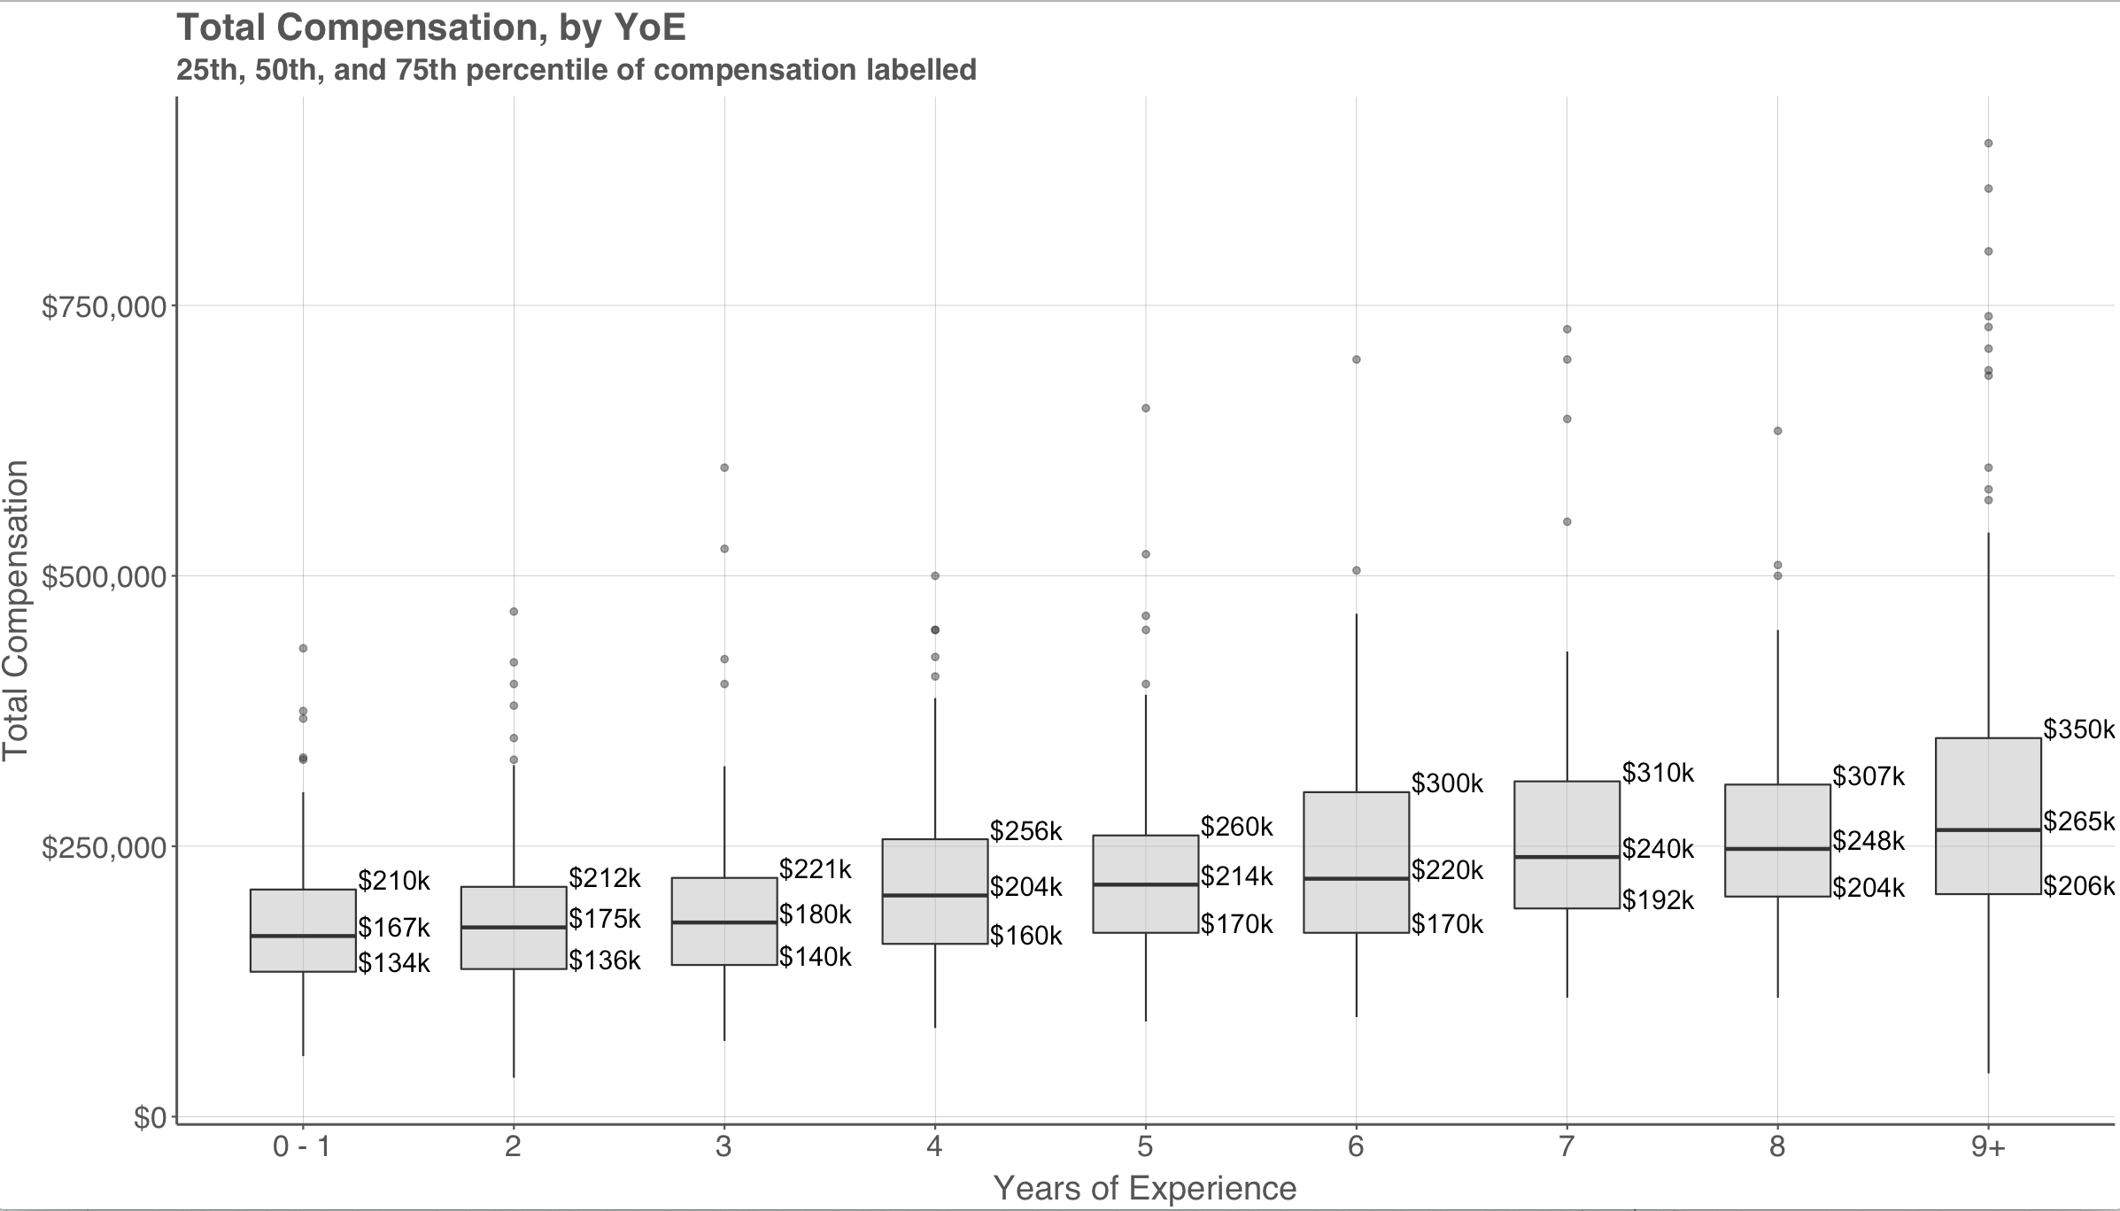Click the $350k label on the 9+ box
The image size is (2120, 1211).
click(x=2078, y=729)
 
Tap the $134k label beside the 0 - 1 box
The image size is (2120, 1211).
click(x=394, y=963)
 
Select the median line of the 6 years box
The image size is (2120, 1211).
click(x=1356, y=879)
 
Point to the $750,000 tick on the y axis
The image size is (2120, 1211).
click(x=104, y=306)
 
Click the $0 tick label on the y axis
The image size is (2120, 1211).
click(x=150, y=1118)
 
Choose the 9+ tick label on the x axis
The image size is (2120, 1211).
click(x=1988, y=1148)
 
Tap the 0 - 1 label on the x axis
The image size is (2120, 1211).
click(x=302, y=1148)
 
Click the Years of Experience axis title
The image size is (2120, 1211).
click(x=1145, y=1189)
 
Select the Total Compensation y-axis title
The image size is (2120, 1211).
click(x=16, y=611)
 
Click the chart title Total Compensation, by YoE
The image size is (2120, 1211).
click(x=431, y=27)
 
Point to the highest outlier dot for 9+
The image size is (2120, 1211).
click(x=1988, y=143)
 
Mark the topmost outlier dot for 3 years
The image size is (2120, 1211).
click(x=724, y=467)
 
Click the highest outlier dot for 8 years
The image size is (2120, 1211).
click(x=1777, y=431)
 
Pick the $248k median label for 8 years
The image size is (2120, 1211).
click(x=1869, y=841)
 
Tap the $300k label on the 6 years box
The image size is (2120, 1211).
click(x=1447, y=783)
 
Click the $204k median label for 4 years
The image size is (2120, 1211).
click(x=1025, y=887)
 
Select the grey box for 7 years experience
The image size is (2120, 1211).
click(x=1567, y=845)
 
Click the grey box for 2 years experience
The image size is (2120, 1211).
click(x=514, y=928)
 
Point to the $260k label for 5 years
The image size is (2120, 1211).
click(x=1236, y=827)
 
